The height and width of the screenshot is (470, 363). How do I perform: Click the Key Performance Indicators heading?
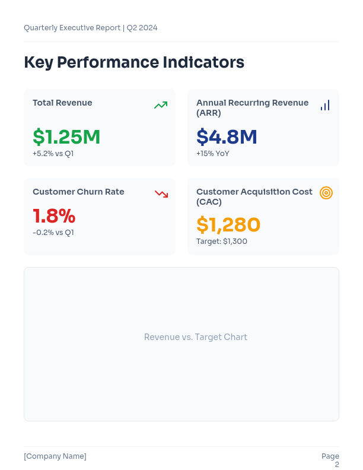(x=134, y=62)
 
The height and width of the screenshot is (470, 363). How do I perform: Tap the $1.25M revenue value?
(x=66, y=137)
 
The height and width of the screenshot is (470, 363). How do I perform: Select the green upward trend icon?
(x=161, y=105)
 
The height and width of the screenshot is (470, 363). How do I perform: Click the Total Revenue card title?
(x=62, y=103)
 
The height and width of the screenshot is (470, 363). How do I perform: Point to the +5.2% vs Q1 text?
(x=53, y=154)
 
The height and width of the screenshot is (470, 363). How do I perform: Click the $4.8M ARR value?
(x=227, y=137)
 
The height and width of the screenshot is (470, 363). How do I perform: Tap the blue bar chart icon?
(x=325, y=105)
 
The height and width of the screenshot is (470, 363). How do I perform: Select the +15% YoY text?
(x=212, y=154)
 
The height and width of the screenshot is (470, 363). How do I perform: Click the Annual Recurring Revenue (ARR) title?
(x=252, y=107)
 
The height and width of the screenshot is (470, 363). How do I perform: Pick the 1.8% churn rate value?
(x=54, y=215)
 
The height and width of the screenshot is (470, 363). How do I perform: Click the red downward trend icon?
(x=161, y=193)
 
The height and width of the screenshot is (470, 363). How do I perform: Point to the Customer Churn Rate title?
(x=78, y=192)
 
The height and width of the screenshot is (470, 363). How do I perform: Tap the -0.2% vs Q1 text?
(x=53, y=233)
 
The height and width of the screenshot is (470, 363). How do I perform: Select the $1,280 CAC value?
(x=228, y=225)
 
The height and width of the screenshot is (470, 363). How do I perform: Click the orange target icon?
(x=326, y=193)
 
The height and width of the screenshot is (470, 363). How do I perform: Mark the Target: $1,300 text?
(x=222, y=242)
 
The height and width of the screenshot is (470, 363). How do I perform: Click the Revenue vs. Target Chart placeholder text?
(x=196, y=337)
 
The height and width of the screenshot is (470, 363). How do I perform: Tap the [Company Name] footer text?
(x=55, y=456)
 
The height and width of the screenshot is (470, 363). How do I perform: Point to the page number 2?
(x=337, y=465)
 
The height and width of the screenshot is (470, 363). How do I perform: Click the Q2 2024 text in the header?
(x=142, y=28)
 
